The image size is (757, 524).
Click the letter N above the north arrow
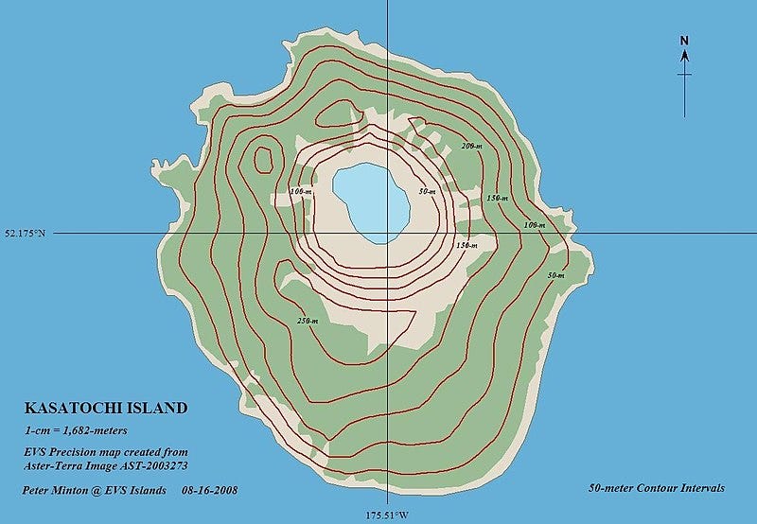[x=684, y=40]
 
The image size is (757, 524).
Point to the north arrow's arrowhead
[x=684, y=55]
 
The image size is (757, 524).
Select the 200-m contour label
[x=471, y=147]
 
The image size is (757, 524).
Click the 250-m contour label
[x=306, y=321]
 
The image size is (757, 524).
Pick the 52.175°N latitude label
[x=26, y=233]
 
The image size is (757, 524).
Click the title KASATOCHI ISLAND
[x=105, y=409]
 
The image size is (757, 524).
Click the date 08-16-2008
[x=207, y=490]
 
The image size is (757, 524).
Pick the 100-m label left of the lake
[x=302, y=192]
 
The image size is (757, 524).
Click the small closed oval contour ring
[x=263, y=157]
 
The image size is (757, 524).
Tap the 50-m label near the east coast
[x=556, y=275]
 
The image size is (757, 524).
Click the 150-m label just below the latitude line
[x=466, y=245]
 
